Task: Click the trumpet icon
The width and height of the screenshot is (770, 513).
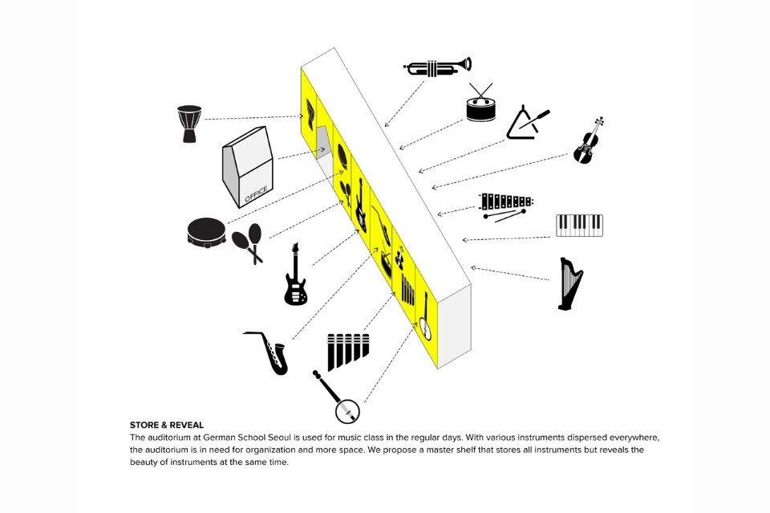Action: click(x=437, y=67)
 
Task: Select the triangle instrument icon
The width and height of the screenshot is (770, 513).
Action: click(x=526, y=123)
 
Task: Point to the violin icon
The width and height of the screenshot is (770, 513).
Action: click(x=588, y=140)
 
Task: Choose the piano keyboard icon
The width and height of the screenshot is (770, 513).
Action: click(x=579, y=226)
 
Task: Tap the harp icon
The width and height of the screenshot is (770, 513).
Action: click(x=570, y=284)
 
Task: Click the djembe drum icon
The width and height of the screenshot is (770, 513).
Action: click(x=189, y=124)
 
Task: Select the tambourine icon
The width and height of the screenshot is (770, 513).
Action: click(x=207, y=231)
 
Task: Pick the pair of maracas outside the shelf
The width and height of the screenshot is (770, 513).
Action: click(x=248, y=242)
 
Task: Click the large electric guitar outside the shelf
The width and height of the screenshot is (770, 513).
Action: click(x=295, y=275)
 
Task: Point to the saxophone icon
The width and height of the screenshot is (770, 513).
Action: click(x=268, y=352)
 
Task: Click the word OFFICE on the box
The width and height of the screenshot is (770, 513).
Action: click(x=257, y=194)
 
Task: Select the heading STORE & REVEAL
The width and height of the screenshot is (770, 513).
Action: click(x=167, y=425)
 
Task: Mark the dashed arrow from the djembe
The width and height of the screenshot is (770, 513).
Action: click(x=254, y=118)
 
